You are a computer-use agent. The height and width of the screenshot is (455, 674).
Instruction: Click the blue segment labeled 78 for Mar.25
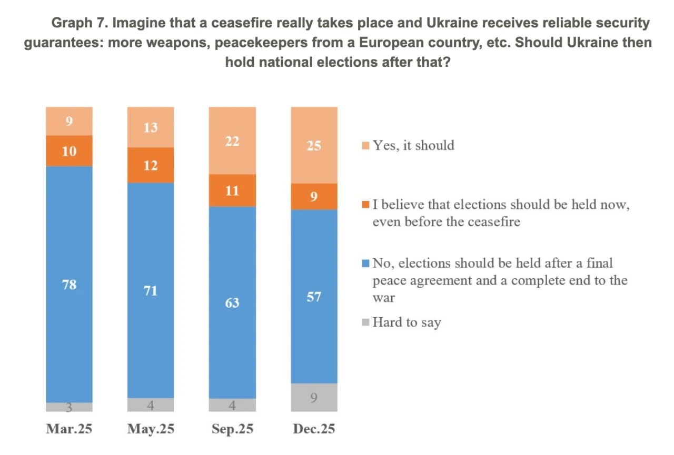tap(69, 284)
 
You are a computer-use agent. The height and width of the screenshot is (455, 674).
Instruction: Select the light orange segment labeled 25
tap(314, 145)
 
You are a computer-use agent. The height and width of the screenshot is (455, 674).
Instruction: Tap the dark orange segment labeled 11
tap(232, 190)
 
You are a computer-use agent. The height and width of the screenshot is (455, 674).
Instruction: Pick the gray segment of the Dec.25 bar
tap(314, 397)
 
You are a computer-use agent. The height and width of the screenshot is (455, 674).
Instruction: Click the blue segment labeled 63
tap(232, 302)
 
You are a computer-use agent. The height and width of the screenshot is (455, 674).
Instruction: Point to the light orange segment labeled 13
tap(151, 127)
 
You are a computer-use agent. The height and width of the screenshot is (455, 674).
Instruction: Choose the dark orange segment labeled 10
tap(69, 151)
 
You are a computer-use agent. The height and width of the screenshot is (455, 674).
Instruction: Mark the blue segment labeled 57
tap(314, 296)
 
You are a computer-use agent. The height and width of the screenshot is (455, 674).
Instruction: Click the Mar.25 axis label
tap(69, 429)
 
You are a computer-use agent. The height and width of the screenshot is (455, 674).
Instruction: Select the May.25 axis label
tap(151, 429)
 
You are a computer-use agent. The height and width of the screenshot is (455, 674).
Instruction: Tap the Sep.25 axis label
tap(232, 429)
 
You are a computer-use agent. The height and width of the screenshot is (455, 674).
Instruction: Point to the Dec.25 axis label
tap(314, 429)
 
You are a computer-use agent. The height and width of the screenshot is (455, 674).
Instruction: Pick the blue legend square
tap(366, 262)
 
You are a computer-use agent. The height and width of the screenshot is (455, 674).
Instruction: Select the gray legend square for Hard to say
tap(366, 322)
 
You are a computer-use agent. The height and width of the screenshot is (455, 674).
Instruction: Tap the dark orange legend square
tap(366, 205)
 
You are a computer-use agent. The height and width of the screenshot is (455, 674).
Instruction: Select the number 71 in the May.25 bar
tap(151, 290)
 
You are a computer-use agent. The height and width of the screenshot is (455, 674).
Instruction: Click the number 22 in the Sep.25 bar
tap(232, 141)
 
